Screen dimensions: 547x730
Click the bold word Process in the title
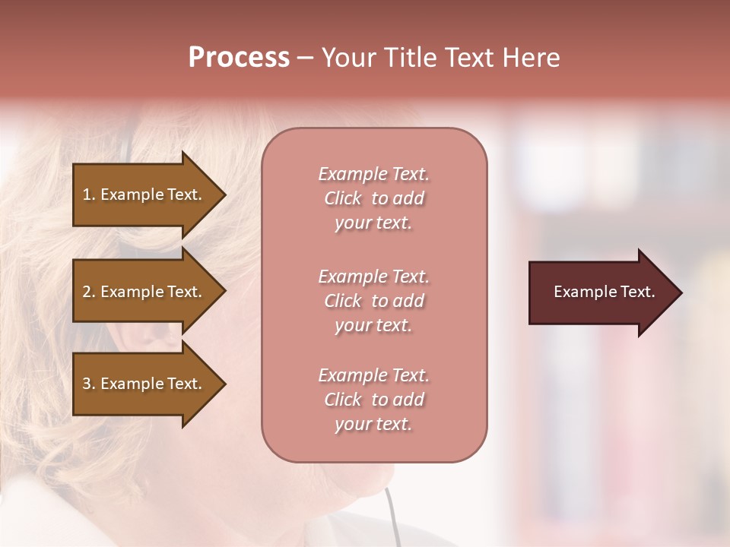pos(239,58)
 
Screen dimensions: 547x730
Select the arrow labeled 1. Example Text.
pos(144,194)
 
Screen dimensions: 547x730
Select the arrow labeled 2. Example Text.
pos(144,292)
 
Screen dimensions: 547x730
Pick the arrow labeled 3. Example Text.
pos(144,384)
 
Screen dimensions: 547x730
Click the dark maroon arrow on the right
pos(601,292)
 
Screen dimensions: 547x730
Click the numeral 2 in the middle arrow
pos(87,292)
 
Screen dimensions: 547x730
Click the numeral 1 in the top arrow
pos(87,194)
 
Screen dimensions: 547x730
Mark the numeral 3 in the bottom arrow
pos(87,384)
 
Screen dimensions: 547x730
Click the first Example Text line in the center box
pos(373,174)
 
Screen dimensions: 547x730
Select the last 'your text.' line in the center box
pos(373,424)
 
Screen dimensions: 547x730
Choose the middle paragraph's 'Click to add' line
pos(373,301)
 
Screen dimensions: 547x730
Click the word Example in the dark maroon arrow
pos(580,292)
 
